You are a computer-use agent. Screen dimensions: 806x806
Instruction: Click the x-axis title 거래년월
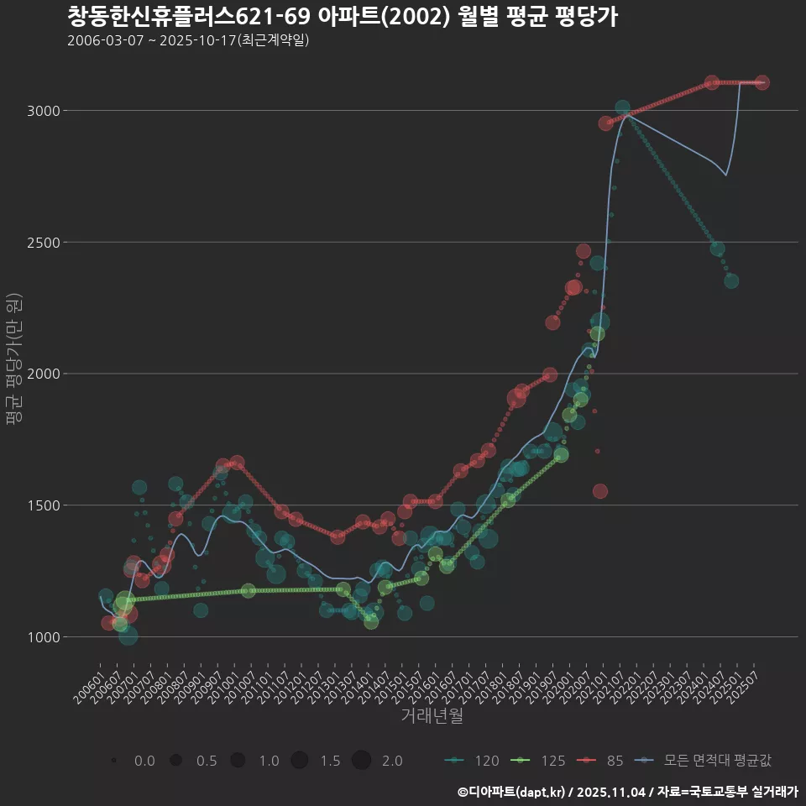click(x=432, y=716)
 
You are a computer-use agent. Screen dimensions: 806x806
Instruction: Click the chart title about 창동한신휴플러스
click(x=342, y=16)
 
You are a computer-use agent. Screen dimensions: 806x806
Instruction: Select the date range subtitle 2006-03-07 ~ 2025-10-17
click(x=188, y=40)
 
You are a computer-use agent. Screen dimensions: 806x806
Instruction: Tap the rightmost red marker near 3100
click(x=762, y=82)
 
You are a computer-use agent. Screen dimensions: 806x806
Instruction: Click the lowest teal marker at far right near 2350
click(x=731, y=280)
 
